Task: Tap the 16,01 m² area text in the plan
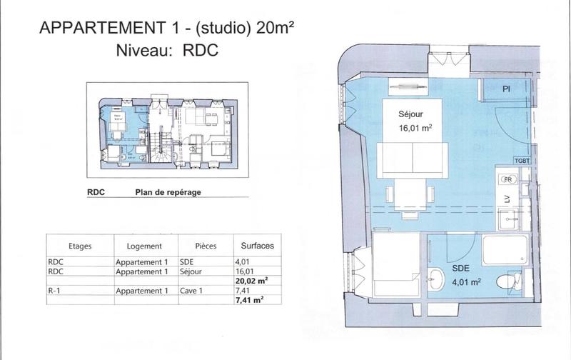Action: click(416, 129)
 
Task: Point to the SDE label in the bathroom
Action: click(461, 269)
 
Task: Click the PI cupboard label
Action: click(505, 89)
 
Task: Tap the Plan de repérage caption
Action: click(168, 192)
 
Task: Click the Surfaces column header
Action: click(258, 245)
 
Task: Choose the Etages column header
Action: click(80, 245)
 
